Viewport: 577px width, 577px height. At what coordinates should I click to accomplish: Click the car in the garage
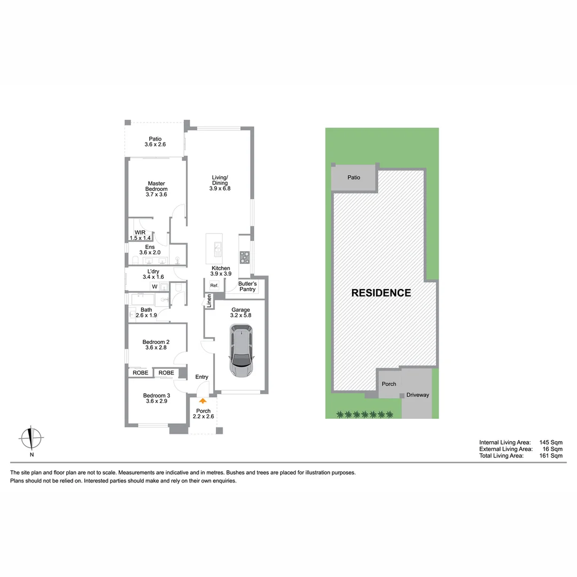pyautogui.click(x=242, y=352)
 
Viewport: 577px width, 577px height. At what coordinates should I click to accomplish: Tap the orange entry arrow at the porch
pyautogui.click(x=202, y=400)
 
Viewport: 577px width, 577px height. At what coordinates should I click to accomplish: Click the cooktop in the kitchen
pyautogui.click(x=245, y=257)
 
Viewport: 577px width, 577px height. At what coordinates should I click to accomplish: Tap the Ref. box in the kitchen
pyautogui.click(x=214, y=286)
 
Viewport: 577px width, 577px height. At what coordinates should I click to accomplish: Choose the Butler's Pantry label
pyautogui.click(x=247, y=286)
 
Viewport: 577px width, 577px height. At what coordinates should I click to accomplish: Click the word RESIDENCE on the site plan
pyautogui.click(x=381, y=293)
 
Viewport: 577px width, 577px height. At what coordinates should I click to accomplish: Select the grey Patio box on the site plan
pyautogui.click(x=354, y=178)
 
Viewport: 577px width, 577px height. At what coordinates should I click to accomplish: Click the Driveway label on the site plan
pyautogui.click(x=418, y=395)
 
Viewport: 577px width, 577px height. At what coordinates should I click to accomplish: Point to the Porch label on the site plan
pyautogui.click(x=389, y=384)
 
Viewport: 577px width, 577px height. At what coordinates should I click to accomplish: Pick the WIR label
pyautogui.click(x=140, y=232)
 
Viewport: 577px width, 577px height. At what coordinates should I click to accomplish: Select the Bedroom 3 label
pyautogui.click(x=157, y=396)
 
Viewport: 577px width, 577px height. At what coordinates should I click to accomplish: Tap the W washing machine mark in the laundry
pyautogui.click(x=155, y=287)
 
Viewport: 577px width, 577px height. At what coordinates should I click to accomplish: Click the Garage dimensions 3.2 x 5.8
pyautogui.click(x=240, y=316)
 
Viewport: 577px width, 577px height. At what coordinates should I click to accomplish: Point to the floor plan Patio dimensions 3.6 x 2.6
pyautogui.click(x=155, y=144)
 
